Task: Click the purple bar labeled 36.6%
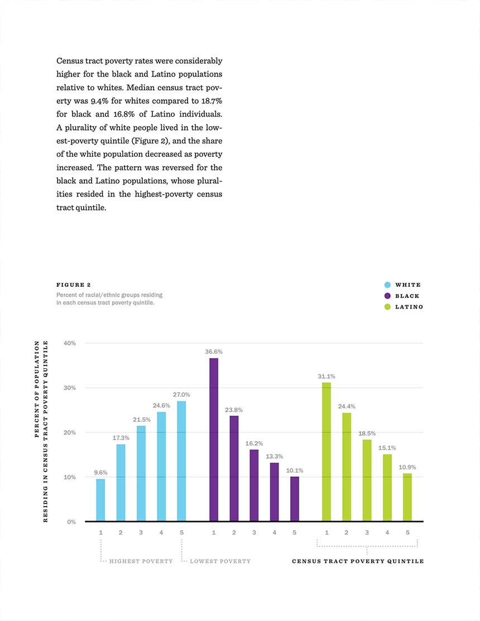213,439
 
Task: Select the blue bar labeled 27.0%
181,461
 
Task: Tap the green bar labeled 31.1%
327,451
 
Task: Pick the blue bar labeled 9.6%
100,500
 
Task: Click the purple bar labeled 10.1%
295,499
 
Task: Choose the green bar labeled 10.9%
407,497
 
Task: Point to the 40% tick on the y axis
70,343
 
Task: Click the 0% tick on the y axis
71,522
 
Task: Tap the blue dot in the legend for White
387,285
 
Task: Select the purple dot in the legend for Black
387,296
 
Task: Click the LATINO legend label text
409,307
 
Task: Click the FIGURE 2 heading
74,285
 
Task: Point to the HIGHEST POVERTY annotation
141,561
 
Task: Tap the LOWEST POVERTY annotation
220,561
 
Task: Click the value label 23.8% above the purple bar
234,410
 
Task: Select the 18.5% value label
367,434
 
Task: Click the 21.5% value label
141,420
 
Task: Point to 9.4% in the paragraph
99,101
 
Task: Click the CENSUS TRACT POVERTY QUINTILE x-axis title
358,561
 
